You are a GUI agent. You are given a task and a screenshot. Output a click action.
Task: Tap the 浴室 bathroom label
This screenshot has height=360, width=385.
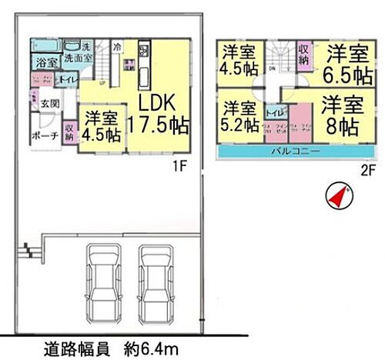pos(44,62)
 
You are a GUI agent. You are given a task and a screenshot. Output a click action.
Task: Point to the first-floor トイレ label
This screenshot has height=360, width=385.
pos(67,79)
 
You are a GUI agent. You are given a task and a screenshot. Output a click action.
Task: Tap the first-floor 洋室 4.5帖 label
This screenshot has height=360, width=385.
pos(102,126)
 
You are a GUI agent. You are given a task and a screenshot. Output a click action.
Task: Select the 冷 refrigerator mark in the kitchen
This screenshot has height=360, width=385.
pos(116,47)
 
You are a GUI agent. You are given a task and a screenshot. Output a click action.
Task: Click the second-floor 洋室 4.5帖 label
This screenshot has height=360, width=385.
pos(239,59)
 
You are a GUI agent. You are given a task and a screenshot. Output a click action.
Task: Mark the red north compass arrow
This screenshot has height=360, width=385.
pos(336,196)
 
